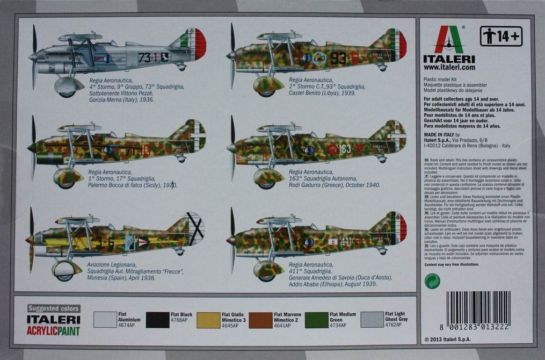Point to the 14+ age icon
(501, 37)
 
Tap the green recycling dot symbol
(432, 281)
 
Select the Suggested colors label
(54, 308)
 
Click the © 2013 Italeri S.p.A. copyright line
(451, 340)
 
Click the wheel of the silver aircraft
(68, 93)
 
